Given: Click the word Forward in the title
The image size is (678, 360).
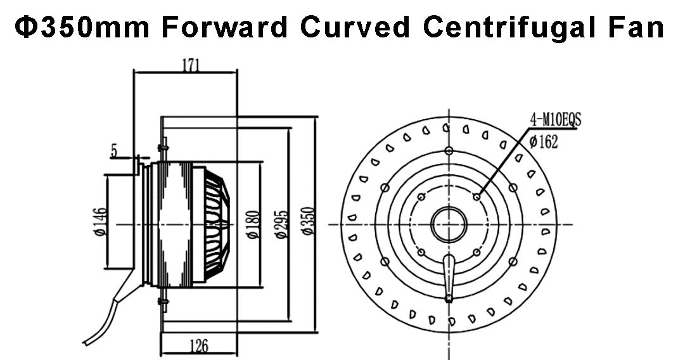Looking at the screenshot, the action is (224, 27).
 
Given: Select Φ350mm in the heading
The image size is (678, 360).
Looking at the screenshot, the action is (82, 27).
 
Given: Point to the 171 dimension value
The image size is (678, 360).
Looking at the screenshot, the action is (191, 65).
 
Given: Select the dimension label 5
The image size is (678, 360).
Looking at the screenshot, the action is (114, 151).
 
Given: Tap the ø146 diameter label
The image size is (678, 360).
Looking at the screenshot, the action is (100, 222).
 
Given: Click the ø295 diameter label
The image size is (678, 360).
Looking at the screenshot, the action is (281, 224).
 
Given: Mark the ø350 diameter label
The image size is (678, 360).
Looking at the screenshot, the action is (308, 221).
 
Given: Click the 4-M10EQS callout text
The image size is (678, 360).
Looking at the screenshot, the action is (556, 119).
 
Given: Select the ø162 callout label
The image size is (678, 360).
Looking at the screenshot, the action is (544, 142).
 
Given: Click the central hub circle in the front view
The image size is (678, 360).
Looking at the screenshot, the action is (449, 224).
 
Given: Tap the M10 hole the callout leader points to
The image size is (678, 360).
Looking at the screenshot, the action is (477, 197).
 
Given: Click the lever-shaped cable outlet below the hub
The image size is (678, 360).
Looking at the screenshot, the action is (449, 278).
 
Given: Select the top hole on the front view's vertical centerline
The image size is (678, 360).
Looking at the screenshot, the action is (449, 151).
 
